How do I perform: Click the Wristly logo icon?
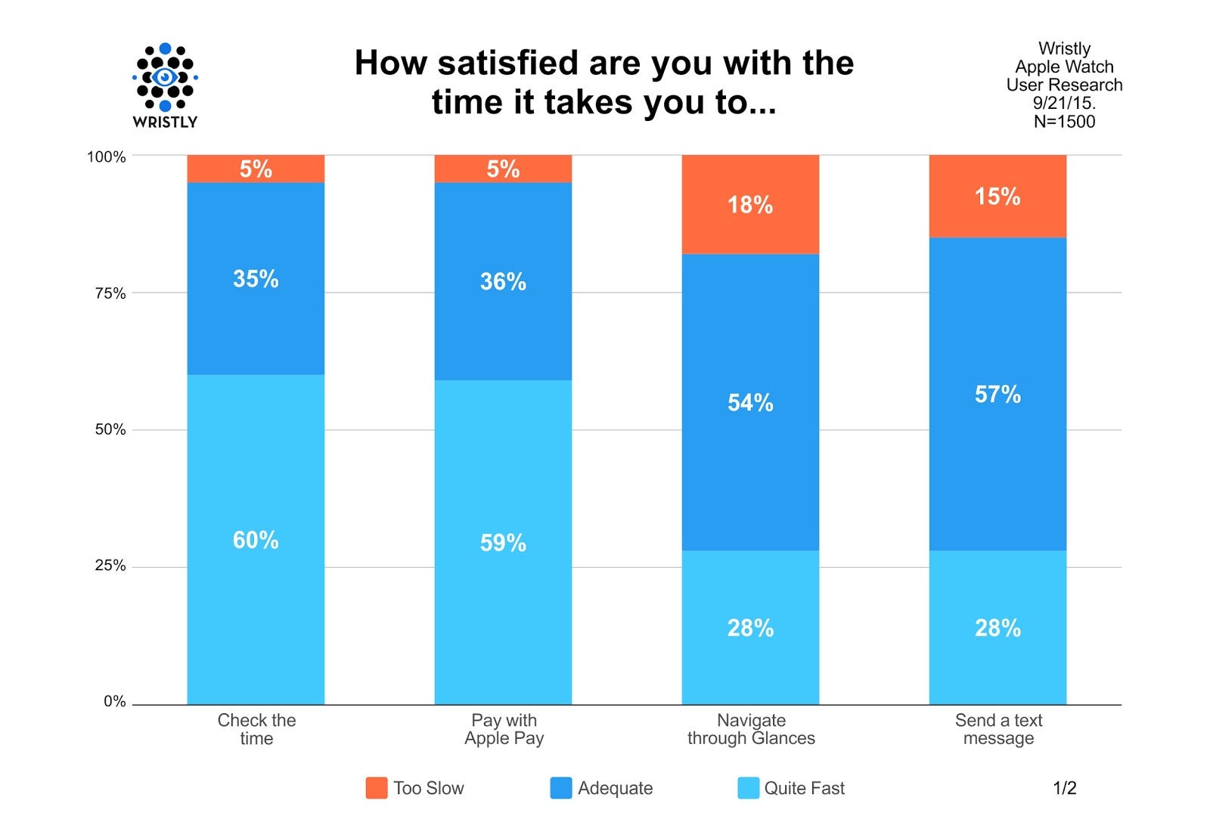tap(165, 77)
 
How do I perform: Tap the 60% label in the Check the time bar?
tap(256, 540)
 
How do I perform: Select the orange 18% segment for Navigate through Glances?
tap(750, 204)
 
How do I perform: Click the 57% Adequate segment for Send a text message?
tap(997, 394)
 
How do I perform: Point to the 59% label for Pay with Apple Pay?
tap(503, 542)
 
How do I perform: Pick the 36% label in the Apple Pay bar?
tap(503, 281)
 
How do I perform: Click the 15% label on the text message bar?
tap(997, 197)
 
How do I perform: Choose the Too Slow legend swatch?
tap(377, 788)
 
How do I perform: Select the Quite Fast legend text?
tap(804, 788)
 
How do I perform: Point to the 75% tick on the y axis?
tap(110, 293)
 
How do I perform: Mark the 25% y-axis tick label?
tap(110, 566)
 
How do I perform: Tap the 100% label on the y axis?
tap(107, 157)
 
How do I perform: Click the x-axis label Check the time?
tap(256, 729)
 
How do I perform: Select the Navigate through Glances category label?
tap(751, 729)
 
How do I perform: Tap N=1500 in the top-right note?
tap(1064, 121)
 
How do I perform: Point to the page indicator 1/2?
tap(1064, 788)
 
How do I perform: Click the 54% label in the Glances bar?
tap(750, 402)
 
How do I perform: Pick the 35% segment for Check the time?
tap(256, 278)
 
